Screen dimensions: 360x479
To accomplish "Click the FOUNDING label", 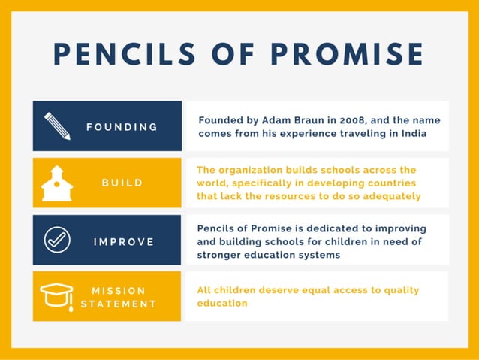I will pyautogui.click(x=122, y=126).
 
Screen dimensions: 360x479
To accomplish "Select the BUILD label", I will pyautogui.click(x=122, y=183).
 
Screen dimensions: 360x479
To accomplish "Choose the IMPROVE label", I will pyautogui.click(x=124, y=241).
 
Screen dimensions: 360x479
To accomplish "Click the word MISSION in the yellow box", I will pyautogui.click(x=119, y=290).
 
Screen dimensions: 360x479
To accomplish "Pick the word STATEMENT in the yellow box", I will pyautogui.click(x=119, y=304).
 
